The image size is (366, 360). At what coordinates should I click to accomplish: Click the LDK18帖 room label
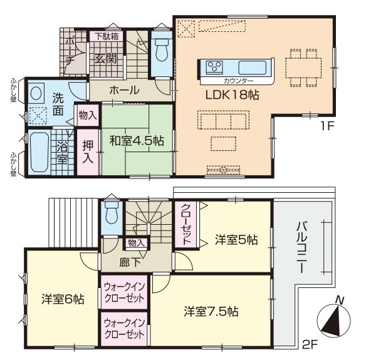232,95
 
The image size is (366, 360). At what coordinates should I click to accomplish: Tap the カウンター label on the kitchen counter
238,81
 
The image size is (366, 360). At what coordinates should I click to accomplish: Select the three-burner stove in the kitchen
214,68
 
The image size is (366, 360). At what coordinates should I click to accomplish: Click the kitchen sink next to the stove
253,68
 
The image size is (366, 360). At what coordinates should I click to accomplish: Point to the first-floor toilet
162,51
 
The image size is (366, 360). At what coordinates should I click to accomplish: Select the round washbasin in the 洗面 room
36,93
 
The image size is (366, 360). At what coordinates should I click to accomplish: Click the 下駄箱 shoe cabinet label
107,36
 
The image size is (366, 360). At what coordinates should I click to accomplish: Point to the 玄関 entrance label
105,59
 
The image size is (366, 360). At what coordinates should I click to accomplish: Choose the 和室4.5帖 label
137,141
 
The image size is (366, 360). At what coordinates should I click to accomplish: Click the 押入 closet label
88,152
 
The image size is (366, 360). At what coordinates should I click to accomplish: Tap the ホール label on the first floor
124,90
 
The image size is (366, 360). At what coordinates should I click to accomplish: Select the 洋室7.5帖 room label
211,311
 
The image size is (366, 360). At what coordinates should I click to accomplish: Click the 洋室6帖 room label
63,299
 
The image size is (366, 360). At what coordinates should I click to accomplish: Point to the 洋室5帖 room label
236,240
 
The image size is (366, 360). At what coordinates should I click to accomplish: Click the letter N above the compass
340,301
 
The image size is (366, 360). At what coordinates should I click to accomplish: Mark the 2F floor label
310,344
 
